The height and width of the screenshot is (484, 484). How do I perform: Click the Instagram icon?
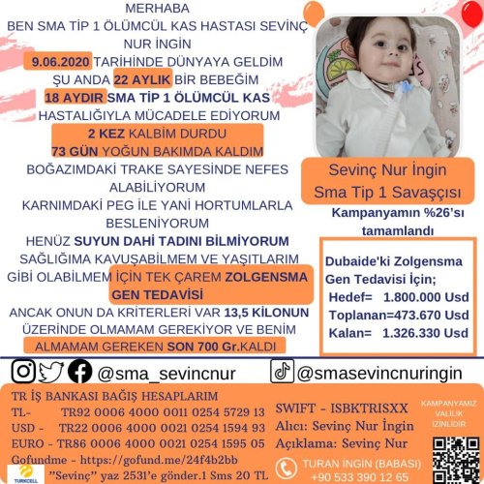[25, 371]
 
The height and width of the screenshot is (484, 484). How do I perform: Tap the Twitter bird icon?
[52, 371]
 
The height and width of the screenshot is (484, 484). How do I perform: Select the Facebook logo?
[80, 371]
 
